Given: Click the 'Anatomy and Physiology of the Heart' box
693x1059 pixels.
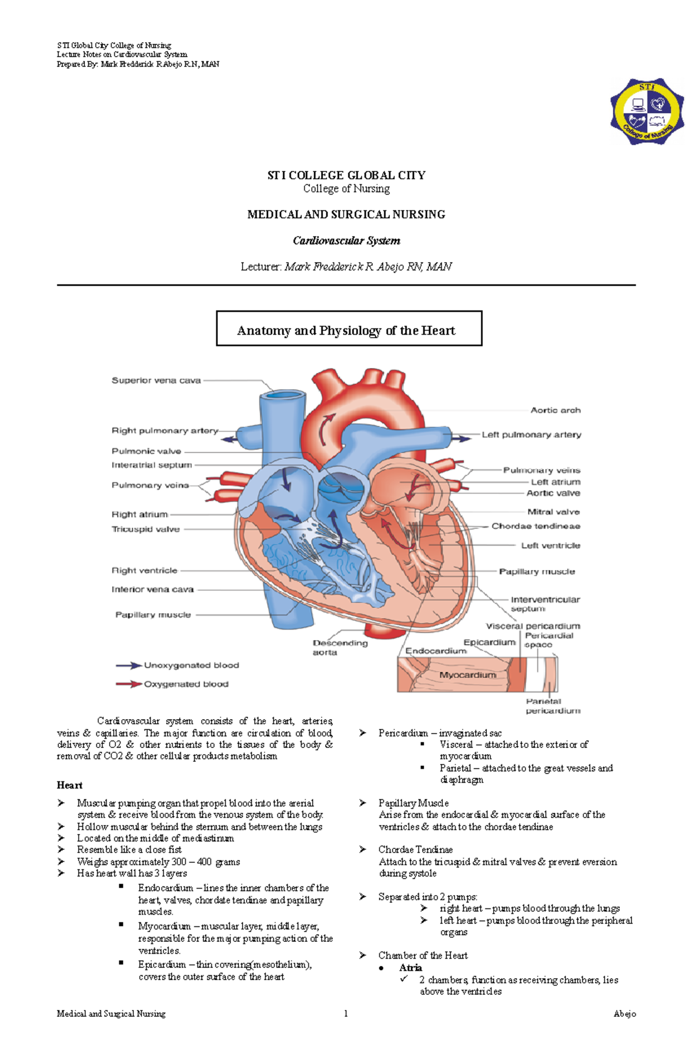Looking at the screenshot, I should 349,328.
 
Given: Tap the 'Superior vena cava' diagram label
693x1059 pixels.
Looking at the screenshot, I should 156,381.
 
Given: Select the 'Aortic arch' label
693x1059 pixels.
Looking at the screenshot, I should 556,410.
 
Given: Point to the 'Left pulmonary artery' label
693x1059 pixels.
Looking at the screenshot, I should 531,435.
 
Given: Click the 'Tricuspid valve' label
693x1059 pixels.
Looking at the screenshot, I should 146,529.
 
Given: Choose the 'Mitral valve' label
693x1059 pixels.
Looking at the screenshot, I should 553,512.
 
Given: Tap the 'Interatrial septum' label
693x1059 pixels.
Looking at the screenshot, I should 151,465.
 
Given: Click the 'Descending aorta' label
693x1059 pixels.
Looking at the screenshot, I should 340,648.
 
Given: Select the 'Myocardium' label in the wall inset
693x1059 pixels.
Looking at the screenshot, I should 468,675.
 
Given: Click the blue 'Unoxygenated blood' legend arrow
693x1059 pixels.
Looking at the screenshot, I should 129,665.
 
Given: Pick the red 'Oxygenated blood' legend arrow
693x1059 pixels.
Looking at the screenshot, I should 129,684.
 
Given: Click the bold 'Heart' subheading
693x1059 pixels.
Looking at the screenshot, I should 69,785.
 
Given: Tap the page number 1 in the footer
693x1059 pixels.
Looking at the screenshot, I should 346,1013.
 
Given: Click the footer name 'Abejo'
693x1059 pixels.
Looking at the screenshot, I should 625,1013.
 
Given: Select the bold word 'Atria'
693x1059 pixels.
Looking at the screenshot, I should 411,968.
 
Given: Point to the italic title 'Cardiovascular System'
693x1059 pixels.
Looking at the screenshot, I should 346,241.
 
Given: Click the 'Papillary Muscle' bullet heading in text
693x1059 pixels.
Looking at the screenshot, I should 413,803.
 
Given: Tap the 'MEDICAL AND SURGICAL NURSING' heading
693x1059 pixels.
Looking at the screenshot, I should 346,215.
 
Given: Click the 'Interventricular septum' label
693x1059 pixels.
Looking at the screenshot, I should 545,604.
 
